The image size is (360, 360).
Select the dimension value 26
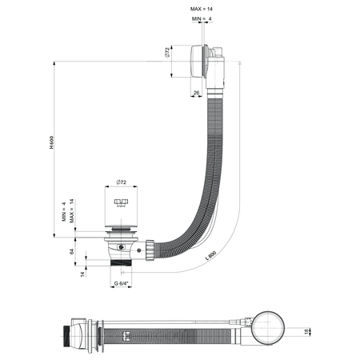196,94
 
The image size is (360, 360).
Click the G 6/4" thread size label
121,282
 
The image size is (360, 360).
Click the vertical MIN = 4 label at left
64,216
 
